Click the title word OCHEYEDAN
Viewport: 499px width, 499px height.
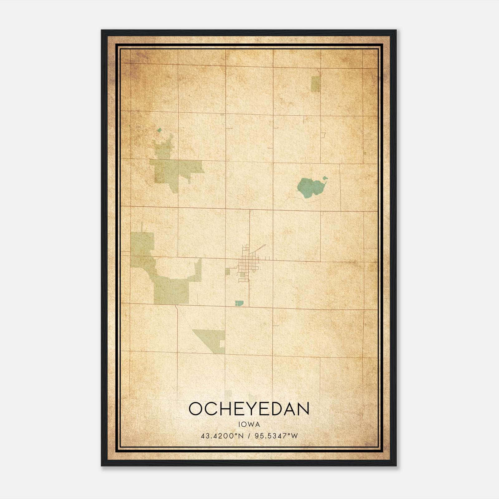[249, 409]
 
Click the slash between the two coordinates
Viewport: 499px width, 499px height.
[249, 436]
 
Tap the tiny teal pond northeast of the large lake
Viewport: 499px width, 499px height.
[325, 178]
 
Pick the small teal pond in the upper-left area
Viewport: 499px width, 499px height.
[159, 130]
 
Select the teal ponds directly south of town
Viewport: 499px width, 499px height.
[239, 303]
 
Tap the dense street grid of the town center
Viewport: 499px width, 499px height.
[248, 264]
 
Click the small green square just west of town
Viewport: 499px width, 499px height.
[228, 272]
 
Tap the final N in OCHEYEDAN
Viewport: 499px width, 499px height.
[303, 409]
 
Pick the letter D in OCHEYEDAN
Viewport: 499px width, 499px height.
[275, 409]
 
